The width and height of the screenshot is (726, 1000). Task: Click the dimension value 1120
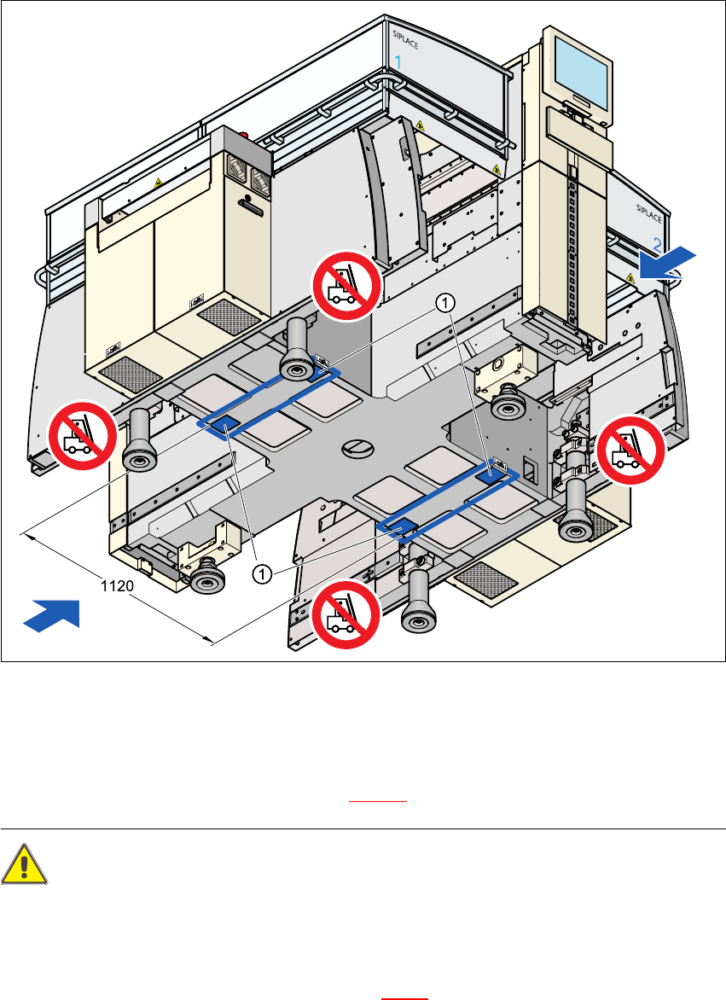(x=111, y=587)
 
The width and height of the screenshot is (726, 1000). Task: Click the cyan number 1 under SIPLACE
(x=399, y=61)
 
